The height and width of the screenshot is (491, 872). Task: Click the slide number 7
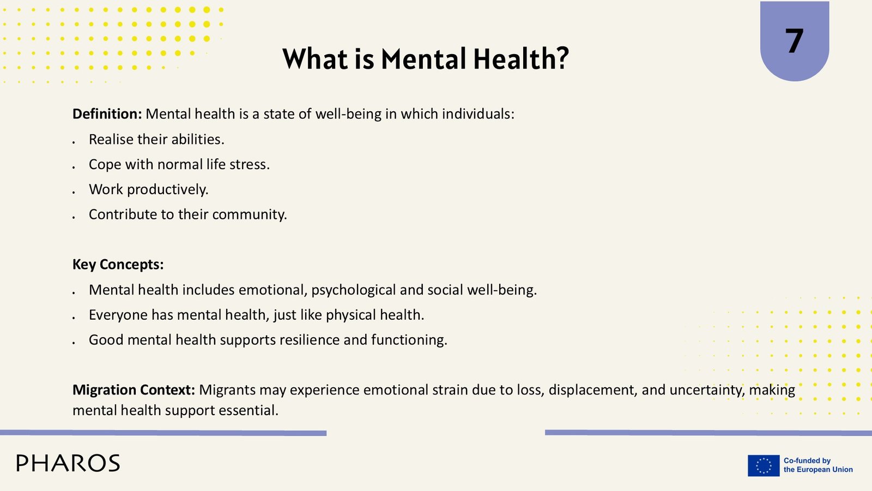point(794,41)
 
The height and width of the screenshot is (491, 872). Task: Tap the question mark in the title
point(562,59)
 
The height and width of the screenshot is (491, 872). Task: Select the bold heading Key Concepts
point(118,265)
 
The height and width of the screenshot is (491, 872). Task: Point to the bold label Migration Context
point(134,390)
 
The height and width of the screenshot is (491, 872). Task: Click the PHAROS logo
point(68,463)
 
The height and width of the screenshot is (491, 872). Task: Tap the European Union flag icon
point(764,465)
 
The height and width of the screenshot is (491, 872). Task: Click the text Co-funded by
point(807,460)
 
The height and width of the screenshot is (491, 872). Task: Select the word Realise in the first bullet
point(111,139)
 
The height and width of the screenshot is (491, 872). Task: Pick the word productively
point(168,190)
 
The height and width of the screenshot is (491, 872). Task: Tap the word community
point(250,215)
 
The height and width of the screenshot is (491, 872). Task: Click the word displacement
point(593,390)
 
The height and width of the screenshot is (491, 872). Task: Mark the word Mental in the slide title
point(423,59)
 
